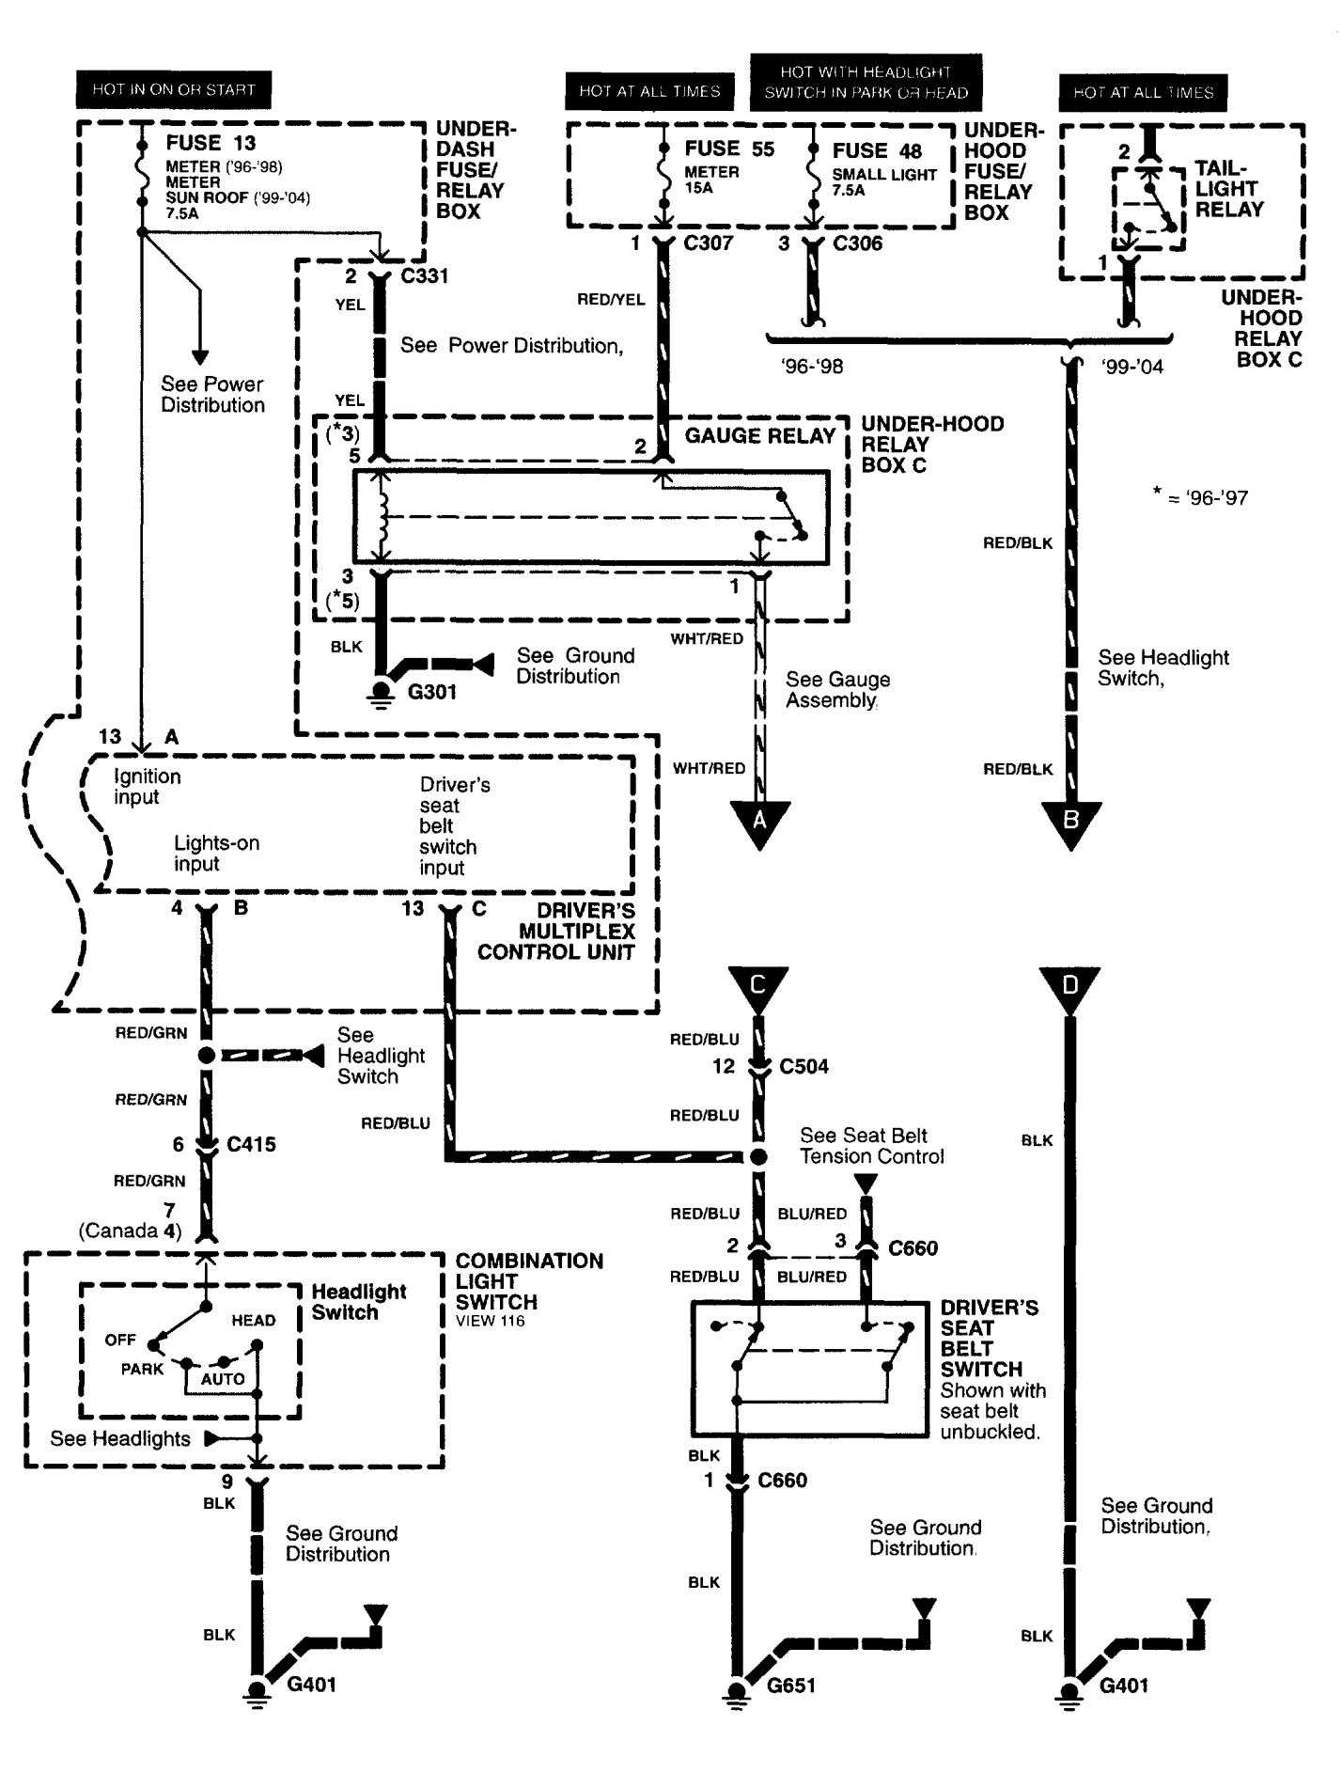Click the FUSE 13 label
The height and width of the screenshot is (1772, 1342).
[x=211, y=143]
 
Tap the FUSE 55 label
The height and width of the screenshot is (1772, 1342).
[x=729, y=149]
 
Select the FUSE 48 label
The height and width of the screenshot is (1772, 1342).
[x=877, y=150]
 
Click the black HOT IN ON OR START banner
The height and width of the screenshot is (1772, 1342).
[x=173, y=90]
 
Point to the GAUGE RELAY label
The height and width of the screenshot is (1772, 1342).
[x=759, y=435]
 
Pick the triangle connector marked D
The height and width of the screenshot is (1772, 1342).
[x=1069, y=987]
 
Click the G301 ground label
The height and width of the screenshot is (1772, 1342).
[x=431, y=692]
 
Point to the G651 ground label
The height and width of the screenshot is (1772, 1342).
[x=790, y=1685]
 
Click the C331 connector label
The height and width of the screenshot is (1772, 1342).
[x=424, y=276]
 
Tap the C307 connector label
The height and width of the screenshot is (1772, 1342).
[x=708, y=243]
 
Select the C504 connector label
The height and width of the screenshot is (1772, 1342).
[x=804, y=1066]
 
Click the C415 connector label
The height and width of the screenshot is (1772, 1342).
[x=251, y=1144]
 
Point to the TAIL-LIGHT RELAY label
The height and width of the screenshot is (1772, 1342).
[x=1229, y=189]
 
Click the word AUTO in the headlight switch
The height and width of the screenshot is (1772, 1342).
[x=223, y=1379]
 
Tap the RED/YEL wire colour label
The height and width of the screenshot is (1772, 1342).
[x=611, y=299]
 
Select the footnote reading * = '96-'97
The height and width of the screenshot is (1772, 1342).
[x=1200, y=497]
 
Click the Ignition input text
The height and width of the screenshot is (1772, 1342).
[x=147, y=787]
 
